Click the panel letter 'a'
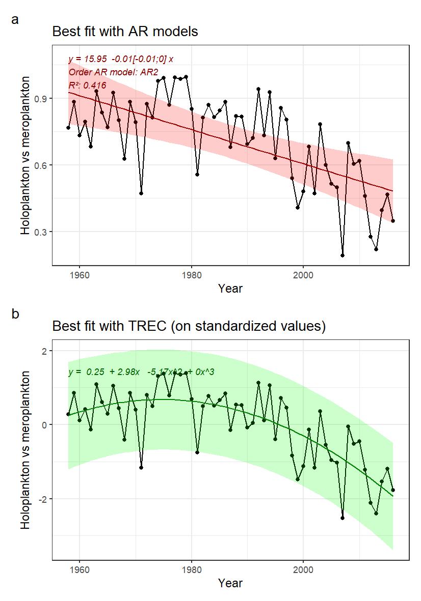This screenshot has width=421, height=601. pos(15,20)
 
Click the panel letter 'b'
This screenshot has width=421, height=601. pos(15,314)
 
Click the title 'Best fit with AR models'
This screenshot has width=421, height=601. pos(125,32)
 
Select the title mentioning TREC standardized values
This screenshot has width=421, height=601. pos(189,326)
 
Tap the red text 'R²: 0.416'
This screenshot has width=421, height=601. pos(87,85)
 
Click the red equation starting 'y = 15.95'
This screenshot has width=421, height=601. pos(121,59)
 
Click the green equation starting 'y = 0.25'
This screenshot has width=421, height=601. pos(141,373)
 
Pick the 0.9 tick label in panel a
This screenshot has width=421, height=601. pos(41,98)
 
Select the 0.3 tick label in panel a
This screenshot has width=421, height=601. pos(41,232)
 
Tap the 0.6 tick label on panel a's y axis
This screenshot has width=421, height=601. pos(41,165)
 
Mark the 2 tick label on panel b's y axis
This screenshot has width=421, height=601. pos(44,351)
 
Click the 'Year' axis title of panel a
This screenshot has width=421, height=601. pos(230,289)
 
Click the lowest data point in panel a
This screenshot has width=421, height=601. pos(343,255)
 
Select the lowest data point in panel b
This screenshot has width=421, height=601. pos(343,518)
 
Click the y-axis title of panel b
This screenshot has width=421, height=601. pos(25,449)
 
